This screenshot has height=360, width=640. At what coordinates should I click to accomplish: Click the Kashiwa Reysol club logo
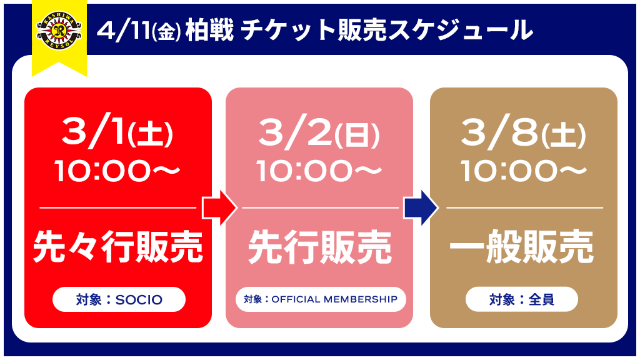click(x=59, y=32)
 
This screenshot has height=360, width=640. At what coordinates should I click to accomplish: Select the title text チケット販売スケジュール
click(x=387, y=31)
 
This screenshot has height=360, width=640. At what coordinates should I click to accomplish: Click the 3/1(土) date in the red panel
click(x=117, y=133)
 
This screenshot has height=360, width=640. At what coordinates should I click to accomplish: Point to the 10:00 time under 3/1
click(x=117, y=171)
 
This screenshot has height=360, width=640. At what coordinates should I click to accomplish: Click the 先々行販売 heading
click(x=117, y=246)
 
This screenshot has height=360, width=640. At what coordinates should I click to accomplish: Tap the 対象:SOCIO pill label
click(x=119, y=299)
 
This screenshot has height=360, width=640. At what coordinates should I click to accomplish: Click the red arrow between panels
click(x=219, y=207)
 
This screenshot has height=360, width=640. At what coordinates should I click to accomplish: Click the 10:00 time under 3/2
click(x=319, y=171)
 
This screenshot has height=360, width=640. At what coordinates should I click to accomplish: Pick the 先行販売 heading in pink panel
click(x=320, y=246)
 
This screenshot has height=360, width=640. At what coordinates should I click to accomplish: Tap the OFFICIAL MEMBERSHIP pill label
click(x=321, y=299)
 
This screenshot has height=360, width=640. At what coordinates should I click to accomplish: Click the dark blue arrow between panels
click(x=421, y=207)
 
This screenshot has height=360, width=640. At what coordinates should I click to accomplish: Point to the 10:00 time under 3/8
click(x=524, y=171)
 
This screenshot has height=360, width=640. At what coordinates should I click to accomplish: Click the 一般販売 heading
click(x=521, y=246)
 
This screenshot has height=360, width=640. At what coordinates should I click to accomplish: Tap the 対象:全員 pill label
click(x=522, y=299)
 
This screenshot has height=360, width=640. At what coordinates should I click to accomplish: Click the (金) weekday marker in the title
click(x=166, y=32)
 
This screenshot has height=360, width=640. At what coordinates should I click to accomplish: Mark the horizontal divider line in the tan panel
click(x=524, y=207)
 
